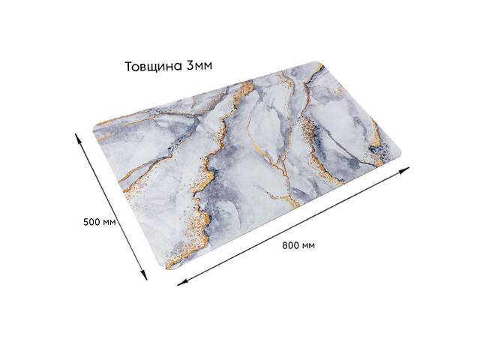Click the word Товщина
[x=153, y=66]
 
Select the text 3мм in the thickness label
[x=199, y=66]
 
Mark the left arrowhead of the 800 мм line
[x=180, y=282]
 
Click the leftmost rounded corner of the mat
[x=96, y=127]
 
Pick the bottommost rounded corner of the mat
[x=169, y=266]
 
